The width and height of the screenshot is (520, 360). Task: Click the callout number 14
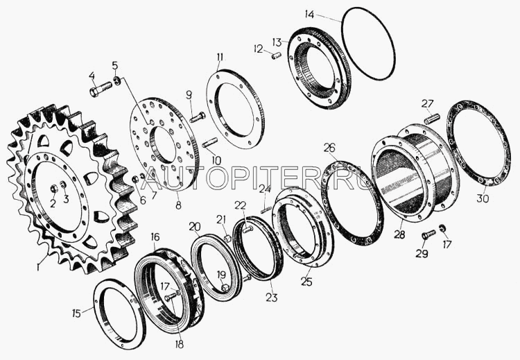(309, 15)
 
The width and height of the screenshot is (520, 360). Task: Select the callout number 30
(483, 199)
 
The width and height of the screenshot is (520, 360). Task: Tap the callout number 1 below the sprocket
(38, 266)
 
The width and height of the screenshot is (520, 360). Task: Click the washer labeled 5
(116, 80)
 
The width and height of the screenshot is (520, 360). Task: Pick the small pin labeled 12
(276, 55)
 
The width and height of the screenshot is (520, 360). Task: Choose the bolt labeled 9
(198, 117)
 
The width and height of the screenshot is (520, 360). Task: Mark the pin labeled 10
(209, 143)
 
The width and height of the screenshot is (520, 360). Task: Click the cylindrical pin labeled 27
(432, 119)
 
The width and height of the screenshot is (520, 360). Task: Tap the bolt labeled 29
(428, 234)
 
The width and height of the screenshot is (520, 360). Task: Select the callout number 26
(329, 148)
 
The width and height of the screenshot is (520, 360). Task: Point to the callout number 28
(399, 234)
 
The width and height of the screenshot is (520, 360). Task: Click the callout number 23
(271, 298)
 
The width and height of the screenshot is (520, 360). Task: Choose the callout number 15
(76, 313)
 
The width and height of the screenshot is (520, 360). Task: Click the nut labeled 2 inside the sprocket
(54, 189)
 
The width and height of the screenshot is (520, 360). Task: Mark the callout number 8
(178, 205)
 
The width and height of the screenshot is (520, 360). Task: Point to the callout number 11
(220, 57)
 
